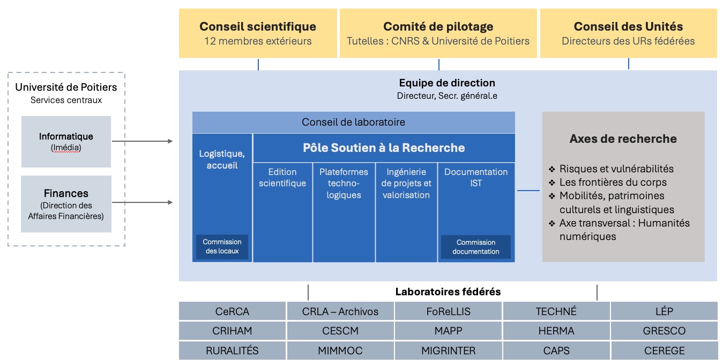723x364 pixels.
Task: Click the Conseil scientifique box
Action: tap(258, 33)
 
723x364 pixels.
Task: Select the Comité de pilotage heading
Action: tap(438, 26)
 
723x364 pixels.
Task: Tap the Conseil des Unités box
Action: tap(628, 33)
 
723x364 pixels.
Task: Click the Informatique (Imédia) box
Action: tap(66, 142)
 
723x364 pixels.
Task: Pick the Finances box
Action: tap(66, 204)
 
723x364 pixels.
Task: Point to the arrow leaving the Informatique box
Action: tap(142, 141)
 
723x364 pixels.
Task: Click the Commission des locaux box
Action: tap(222, 247)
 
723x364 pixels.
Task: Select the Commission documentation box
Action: tap(476, 247)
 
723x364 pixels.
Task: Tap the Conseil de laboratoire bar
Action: tap(353, 122)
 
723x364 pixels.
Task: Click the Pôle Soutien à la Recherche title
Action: tap(384, 148)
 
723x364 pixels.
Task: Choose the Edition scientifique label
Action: tap(282, 178)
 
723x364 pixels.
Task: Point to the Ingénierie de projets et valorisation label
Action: tap(406, 184)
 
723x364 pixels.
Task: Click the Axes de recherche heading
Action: tap(623, 139)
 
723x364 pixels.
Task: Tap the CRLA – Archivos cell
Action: tap(340, 311)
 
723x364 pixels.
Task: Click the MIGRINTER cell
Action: tap(448, 351)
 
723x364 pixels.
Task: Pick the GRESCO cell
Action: tap(664, 331)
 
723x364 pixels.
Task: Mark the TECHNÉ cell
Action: tap(556, 311)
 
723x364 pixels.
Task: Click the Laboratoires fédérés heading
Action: tap(448, 292)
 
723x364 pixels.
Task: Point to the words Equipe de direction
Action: tap(447, 83)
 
